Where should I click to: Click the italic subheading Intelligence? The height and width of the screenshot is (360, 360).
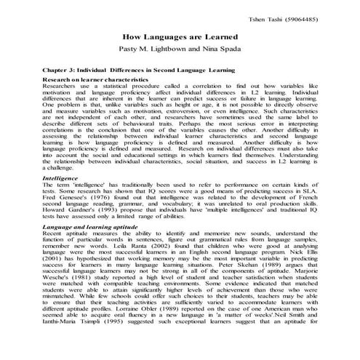(60, 177)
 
